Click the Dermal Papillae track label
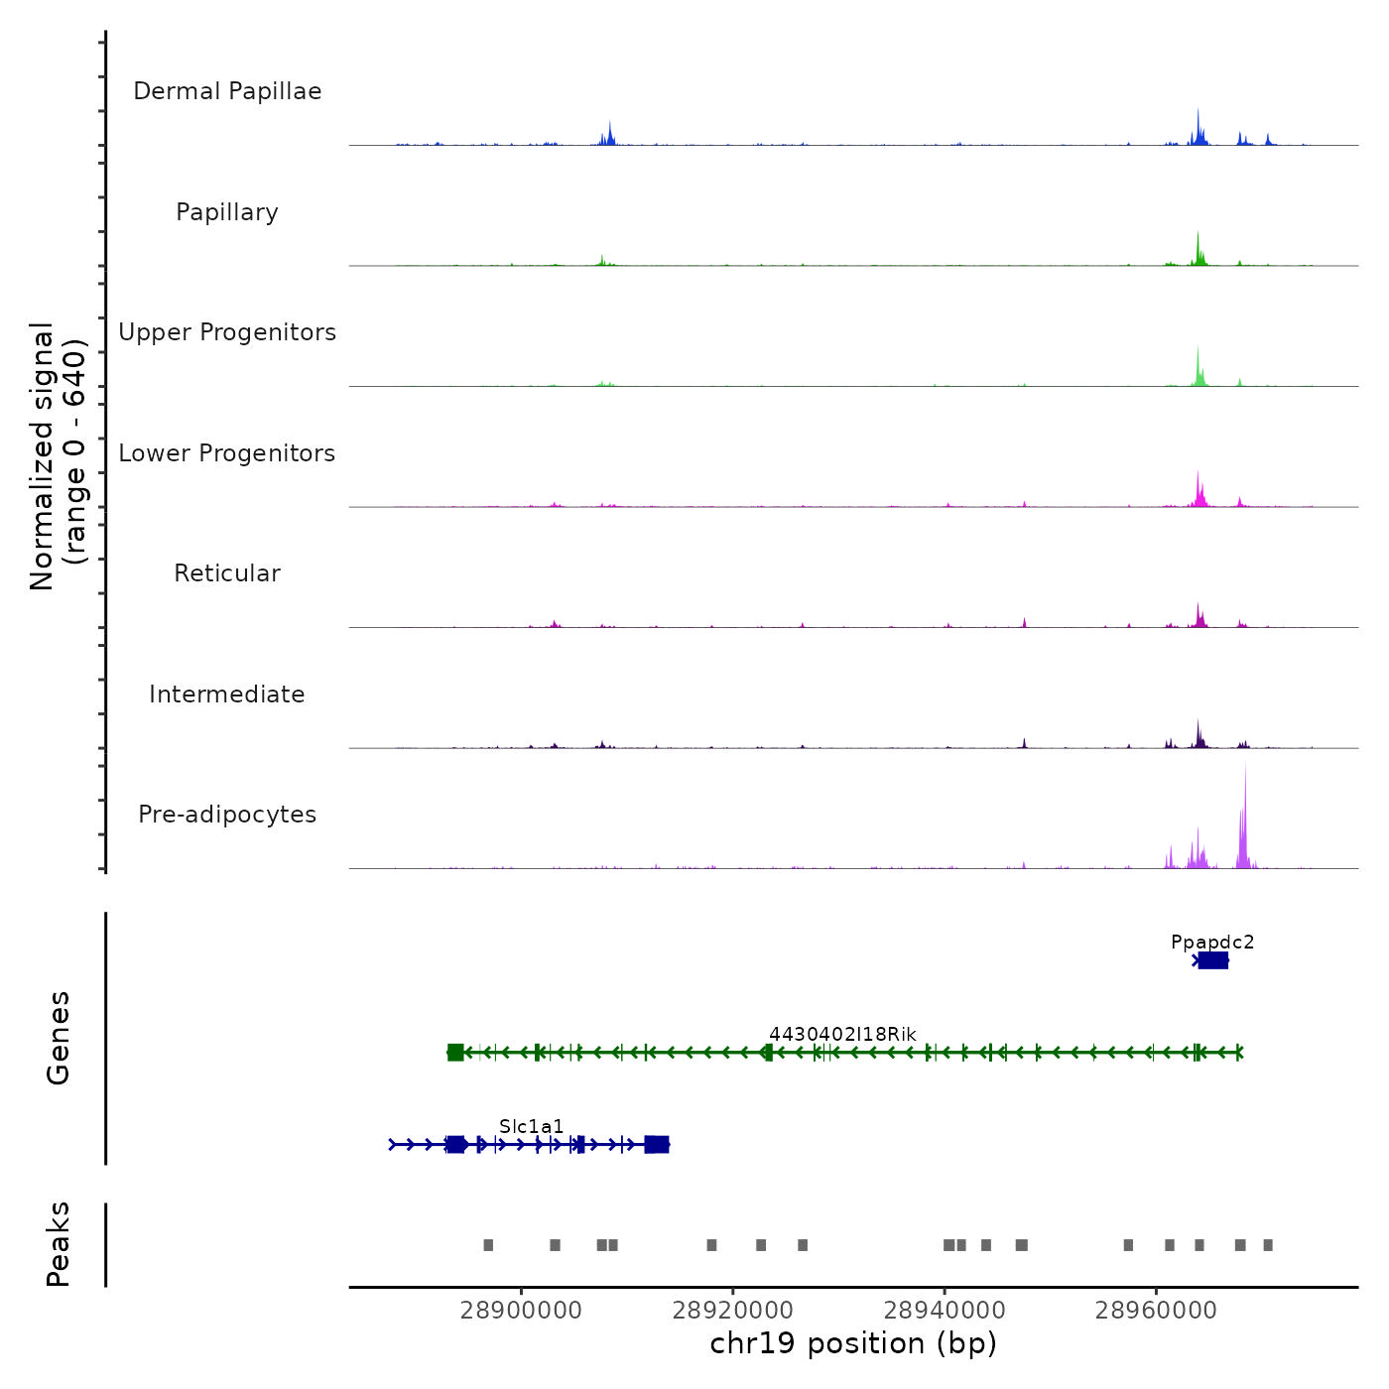[227, 91]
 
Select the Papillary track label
[227, 212]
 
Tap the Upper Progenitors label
[227, 332]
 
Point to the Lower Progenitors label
[227, 453]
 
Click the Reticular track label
[227, 573]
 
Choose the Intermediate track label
[227, 694]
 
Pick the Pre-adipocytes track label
[227, 815]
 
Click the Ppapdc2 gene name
[1212, 943]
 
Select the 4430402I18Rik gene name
[842, 1034]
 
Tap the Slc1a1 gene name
[531, 1126]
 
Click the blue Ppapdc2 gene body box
[1212, 960]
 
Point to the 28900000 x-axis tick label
[521, 1311]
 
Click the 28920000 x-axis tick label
[733, 1311]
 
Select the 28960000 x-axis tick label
[1156, 1311]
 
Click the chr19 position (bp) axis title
[853, 1343]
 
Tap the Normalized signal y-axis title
[58, 456]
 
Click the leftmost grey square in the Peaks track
[488, 1245]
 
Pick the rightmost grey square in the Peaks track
[1268, 1245]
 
